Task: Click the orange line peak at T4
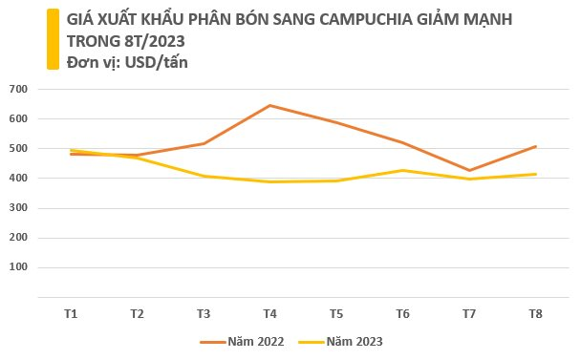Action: [x=269, y=105]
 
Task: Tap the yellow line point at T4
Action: [x=269, y=181]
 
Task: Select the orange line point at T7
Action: [x=468, y=171]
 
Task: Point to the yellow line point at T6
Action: [x=402, y=170]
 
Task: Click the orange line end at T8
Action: [x=535, y=146]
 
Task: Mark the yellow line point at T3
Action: [x=204, y=176]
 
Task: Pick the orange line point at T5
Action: [x=336, y=123]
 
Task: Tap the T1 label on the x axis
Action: [x=71, y=313]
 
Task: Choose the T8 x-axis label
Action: [x=535, y=313]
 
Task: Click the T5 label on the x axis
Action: [x=336, y=313]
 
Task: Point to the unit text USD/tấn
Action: [x=158, y=62]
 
